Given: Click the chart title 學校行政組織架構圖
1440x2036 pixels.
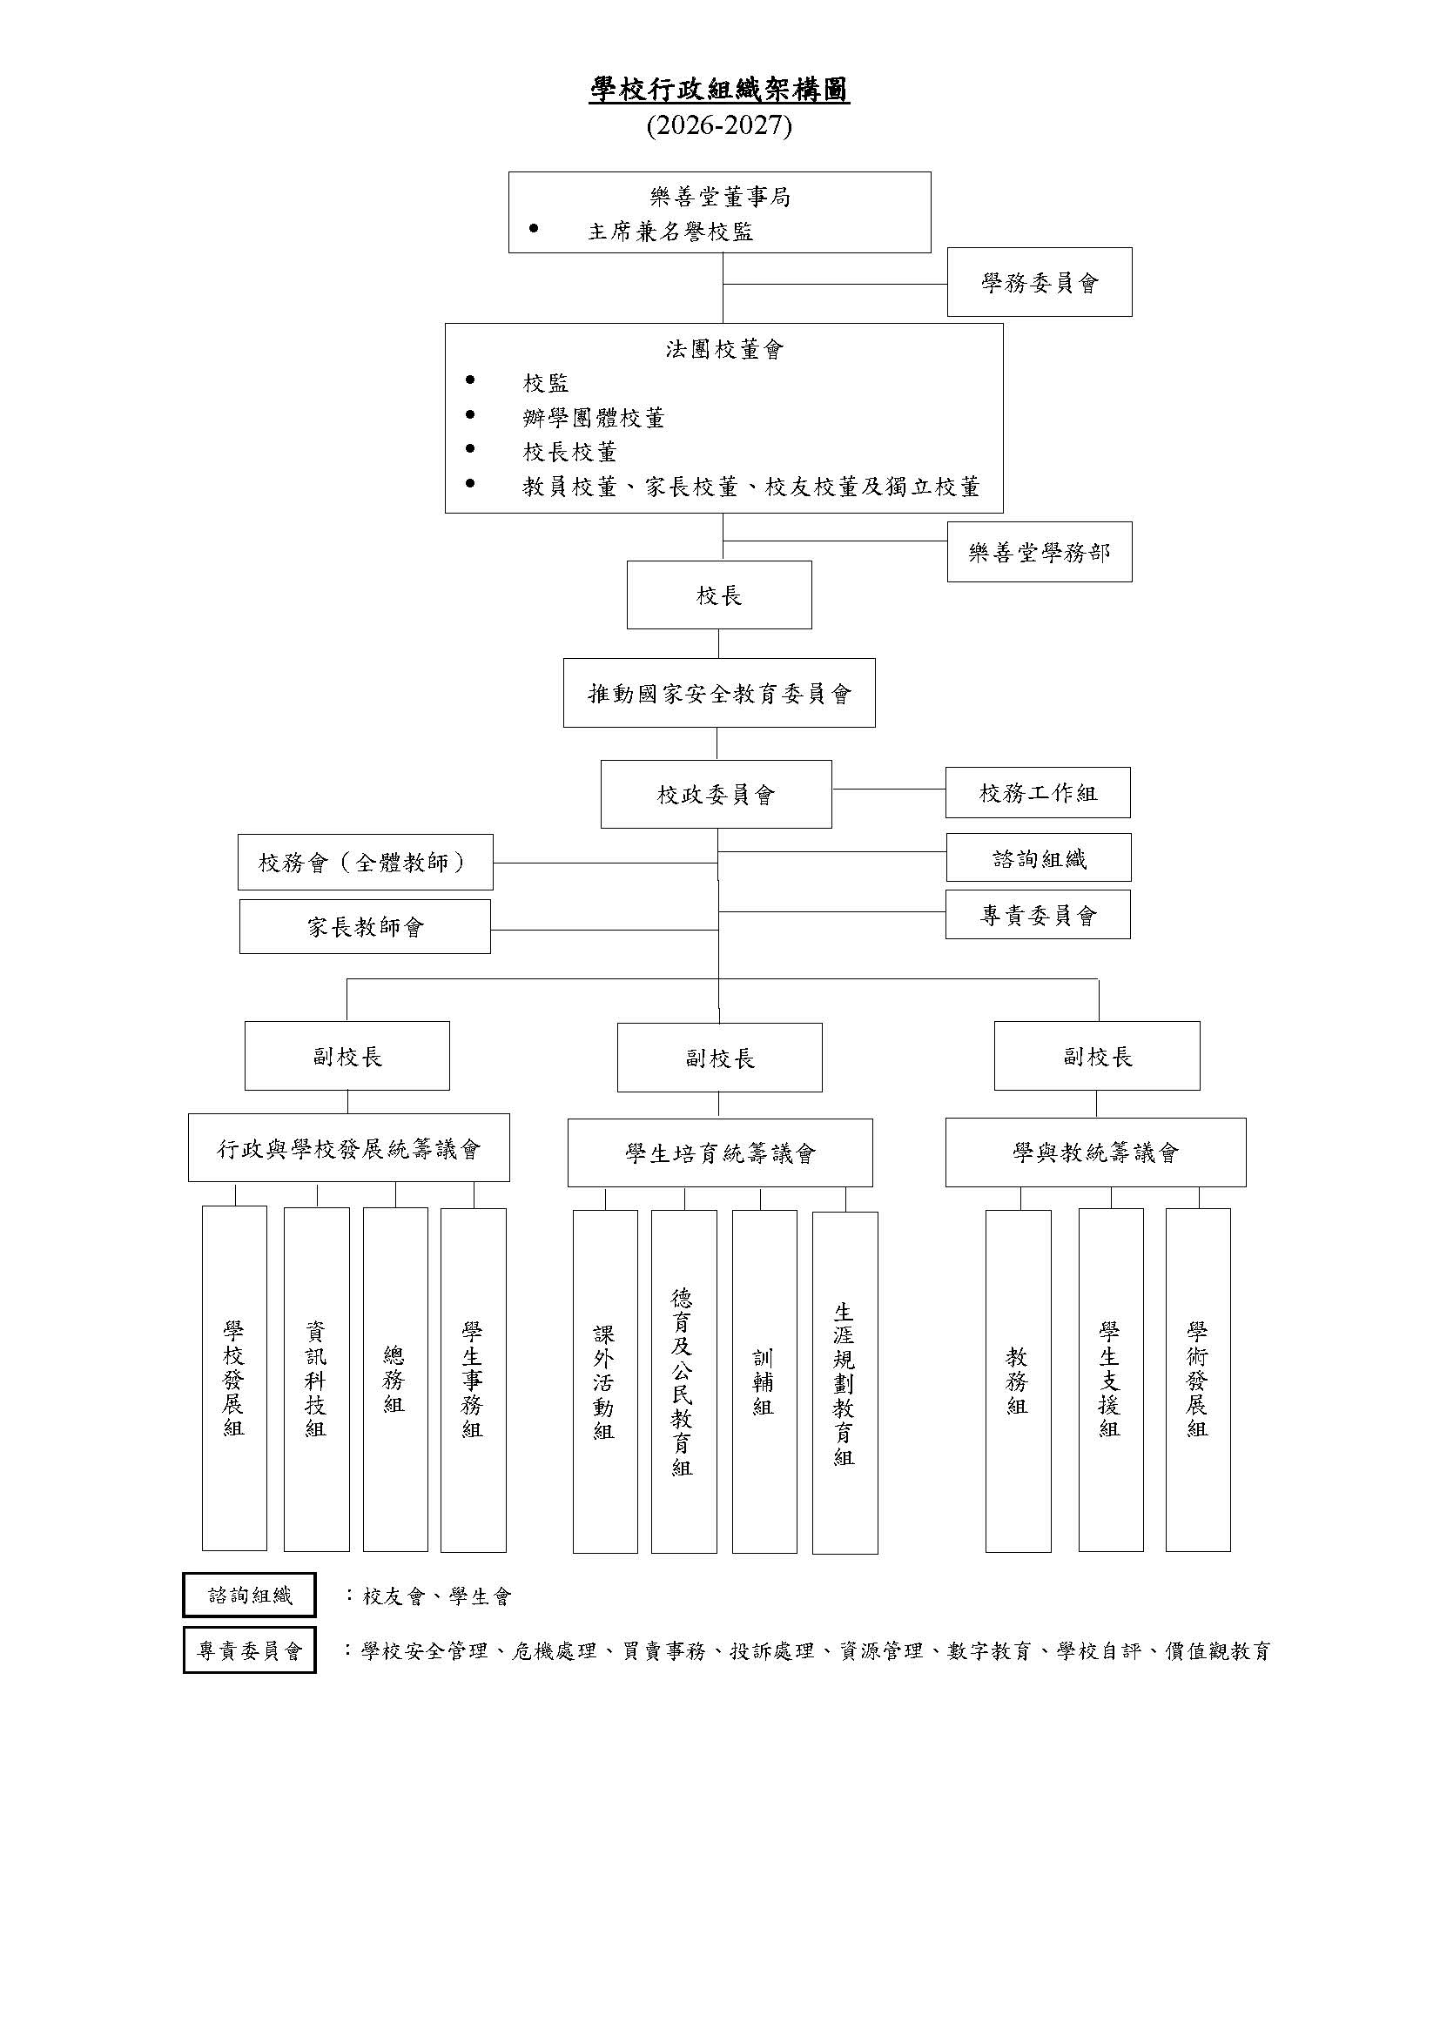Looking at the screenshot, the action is coord(719,91).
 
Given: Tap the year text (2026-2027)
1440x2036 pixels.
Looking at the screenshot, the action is coord(719,126).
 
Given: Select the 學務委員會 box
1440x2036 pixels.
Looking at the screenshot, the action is coord(1040,282).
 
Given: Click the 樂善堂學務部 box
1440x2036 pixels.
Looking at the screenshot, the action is coord(1040,552).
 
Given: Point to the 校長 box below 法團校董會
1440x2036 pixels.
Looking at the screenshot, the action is coord(719,595).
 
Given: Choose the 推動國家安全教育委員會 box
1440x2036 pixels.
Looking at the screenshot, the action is coord(719,693).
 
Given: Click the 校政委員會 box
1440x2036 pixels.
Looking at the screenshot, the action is coord(717,795).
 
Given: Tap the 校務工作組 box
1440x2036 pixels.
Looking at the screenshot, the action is coord(1038,793).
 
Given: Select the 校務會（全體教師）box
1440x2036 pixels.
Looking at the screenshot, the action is coord(366,862).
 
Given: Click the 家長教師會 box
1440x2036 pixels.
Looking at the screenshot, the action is coord(366,927).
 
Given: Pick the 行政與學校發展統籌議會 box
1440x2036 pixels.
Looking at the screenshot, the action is coord(348,1148).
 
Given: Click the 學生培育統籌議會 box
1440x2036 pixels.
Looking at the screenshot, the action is coord(720,1152).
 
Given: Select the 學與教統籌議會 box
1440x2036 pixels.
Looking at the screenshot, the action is coord(1096,1152).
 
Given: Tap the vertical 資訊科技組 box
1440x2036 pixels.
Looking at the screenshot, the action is coord(317,1380).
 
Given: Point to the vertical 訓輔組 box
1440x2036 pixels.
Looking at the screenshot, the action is coord(764,1381).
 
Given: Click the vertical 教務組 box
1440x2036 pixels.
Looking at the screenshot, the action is coord(1018,1381).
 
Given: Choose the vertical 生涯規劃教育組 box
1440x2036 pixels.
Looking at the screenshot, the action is coord(845,1383).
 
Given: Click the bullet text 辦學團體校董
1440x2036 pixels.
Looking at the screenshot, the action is coord(593,418).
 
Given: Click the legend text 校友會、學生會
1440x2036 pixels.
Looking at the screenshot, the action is coord(437,1596).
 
